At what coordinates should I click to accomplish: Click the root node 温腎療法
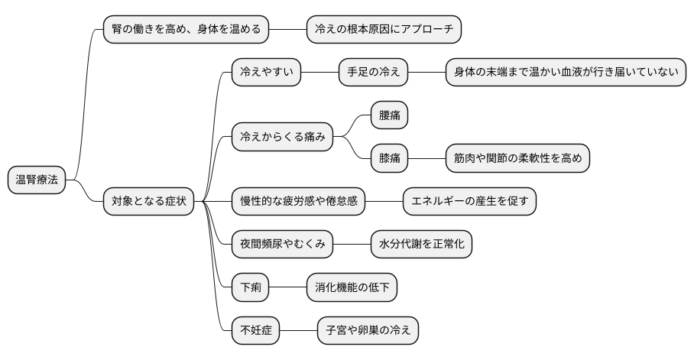(x=37, y=180)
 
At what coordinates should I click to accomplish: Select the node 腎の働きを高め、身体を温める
(x=186, y=30)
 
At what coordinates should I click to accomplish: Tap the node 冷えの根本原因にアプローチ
(x=384, y=30)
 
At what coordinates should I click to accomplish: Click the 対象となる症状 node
(x=148, y=202)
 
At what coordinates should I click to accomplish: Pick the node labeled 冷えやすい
(x=267, y=73)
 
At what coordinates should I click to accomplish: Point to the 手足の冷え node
(x=374, y=73)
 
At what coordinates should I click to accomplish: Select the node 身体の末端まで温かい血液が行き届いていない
(x=566, y=73)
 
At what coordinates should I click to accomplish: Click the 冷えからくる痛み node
(x=283, y=138)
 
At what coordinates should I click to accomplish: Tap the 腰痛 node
(x=389, y=116)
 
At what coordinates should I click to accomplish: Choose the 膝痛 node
(x=389, y=159)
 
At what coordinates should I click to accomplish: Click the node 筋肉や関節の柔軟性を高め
(x=518, y=159)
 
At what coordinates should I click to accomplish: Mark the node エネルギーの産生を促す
(x=469, y=202)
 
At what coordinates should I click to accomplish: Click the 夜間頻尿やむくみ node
(x=283, y=245)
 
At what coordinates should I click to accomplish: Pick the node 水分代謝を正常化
(x=421, y=245)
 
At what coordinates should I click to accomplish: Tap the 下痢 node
(x=250, y=288)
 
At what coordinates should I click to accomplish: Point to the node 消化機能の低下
(x=352, y=288)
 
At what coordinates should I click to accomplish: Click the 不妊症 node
(x=255, y=331)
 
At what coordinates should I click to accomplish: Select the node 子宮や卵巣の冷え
(x=368, y=331)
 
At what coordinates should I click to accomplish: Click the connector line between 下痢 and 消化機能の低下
(x=287, y=288)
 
